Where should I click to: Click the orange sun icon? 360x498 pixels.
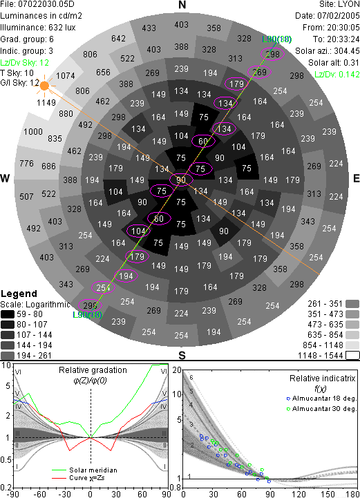tap(44, 86)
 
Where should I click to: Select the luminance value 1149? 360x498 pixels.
tap(46, 103)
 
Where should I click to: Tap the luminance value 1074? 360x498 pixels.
tap(66, 75)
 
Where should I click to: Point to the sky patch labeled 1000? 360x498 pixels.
tap(33, 131)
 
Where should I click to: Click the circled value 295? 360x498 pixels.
tap(90, 305)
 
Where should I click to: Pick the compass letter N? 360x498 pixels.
tap(182, 5)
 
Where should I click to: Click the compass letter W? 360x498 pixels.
tap(5, 178)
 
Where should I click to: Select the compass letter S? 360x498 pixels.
tap(182, 355)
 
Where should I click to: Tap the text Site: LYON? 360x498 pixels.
tap(339, 4)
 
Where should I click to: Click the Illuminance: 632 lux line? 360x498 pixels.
tap(38, 28)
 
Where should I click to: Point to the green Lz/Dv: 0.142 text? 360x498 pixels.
tap(337, 75)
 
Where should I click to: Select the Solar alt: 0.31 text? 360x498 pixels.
tap(334, 63)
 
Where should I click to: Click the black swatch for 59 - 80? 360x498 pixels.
tap(8, 314)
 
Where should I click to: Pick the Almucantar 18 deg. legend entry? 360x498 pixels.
tap(324, 399)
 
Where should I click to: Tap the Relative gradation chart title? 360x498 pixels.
tap(93, 370)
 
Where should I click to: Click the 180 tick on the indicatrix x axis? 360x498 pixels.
tap(353, 494)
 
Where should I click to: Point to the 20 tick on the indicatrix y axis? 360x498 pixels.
tap(177, 370)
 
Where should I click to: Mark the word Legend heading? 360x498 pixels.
tap(19, 294)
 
